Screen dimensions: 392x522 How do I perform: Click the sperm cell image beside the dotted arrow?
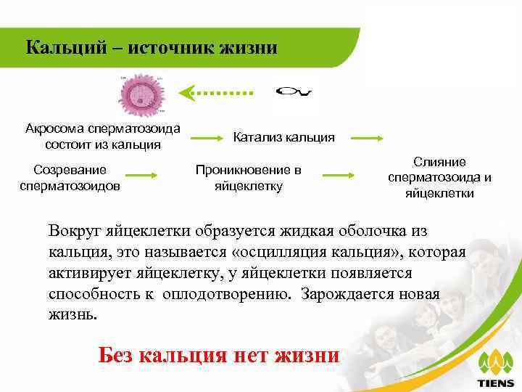coord(295,92)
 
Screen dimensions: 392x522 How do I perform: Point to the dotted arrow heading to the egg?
coord(215,92)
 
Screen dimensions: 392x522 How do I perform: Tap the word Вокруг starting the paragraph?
coord(75,232)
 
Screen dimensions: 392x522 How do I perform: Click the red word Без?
coord(115,356)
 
